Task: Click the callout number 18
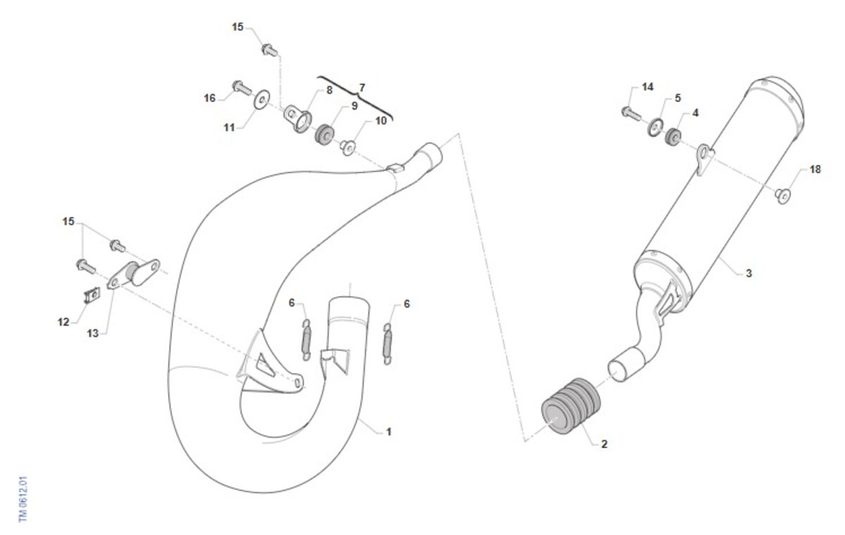tap(815, 170)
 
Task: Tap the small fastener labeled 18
tap(783, 196)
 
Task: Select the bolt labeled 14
tap(631, 113)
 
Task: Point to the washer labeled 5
tap(656, 128)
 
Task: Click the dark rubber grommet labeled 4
tap(673, 137)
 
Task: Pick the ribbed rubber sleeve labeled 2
tap(570, 405)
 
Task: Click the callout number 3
tap(749, 273)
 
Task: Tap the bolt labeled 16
tap(242, 88)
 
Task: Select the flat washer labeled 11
tap(261, 99)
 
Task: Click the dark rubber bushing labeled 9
tap(325, 135)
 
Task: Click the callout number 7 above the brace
tap(362, 87)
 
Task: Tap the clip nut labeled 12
tap(92, 295)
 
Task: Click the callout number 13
tap(92, 333)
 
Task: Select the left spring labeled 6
tap(307, 340)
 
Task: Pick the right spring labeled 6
tap(387, 344)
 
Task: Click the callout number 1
tap(389, 432)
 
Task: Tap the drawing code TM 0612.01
tap(23, 500)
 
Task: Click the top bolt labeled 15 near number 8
tap(270, 50)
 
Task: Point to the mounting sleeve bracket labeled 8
tap(298, 119)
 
